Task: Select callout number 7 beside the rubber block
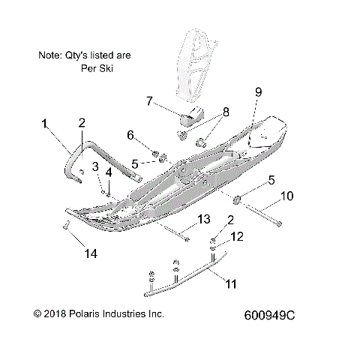pyautogui.click(x=149, y=100)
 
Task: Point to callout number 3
pyautogui.click(x=95, y=166)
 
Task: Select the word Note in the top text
pyautogui.click(x=49, y=55)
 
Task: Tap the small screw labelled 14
pyautogui.click(x=65, y=227)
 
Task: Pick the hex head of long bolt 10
pyautogui.click(x=280, y=223)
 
